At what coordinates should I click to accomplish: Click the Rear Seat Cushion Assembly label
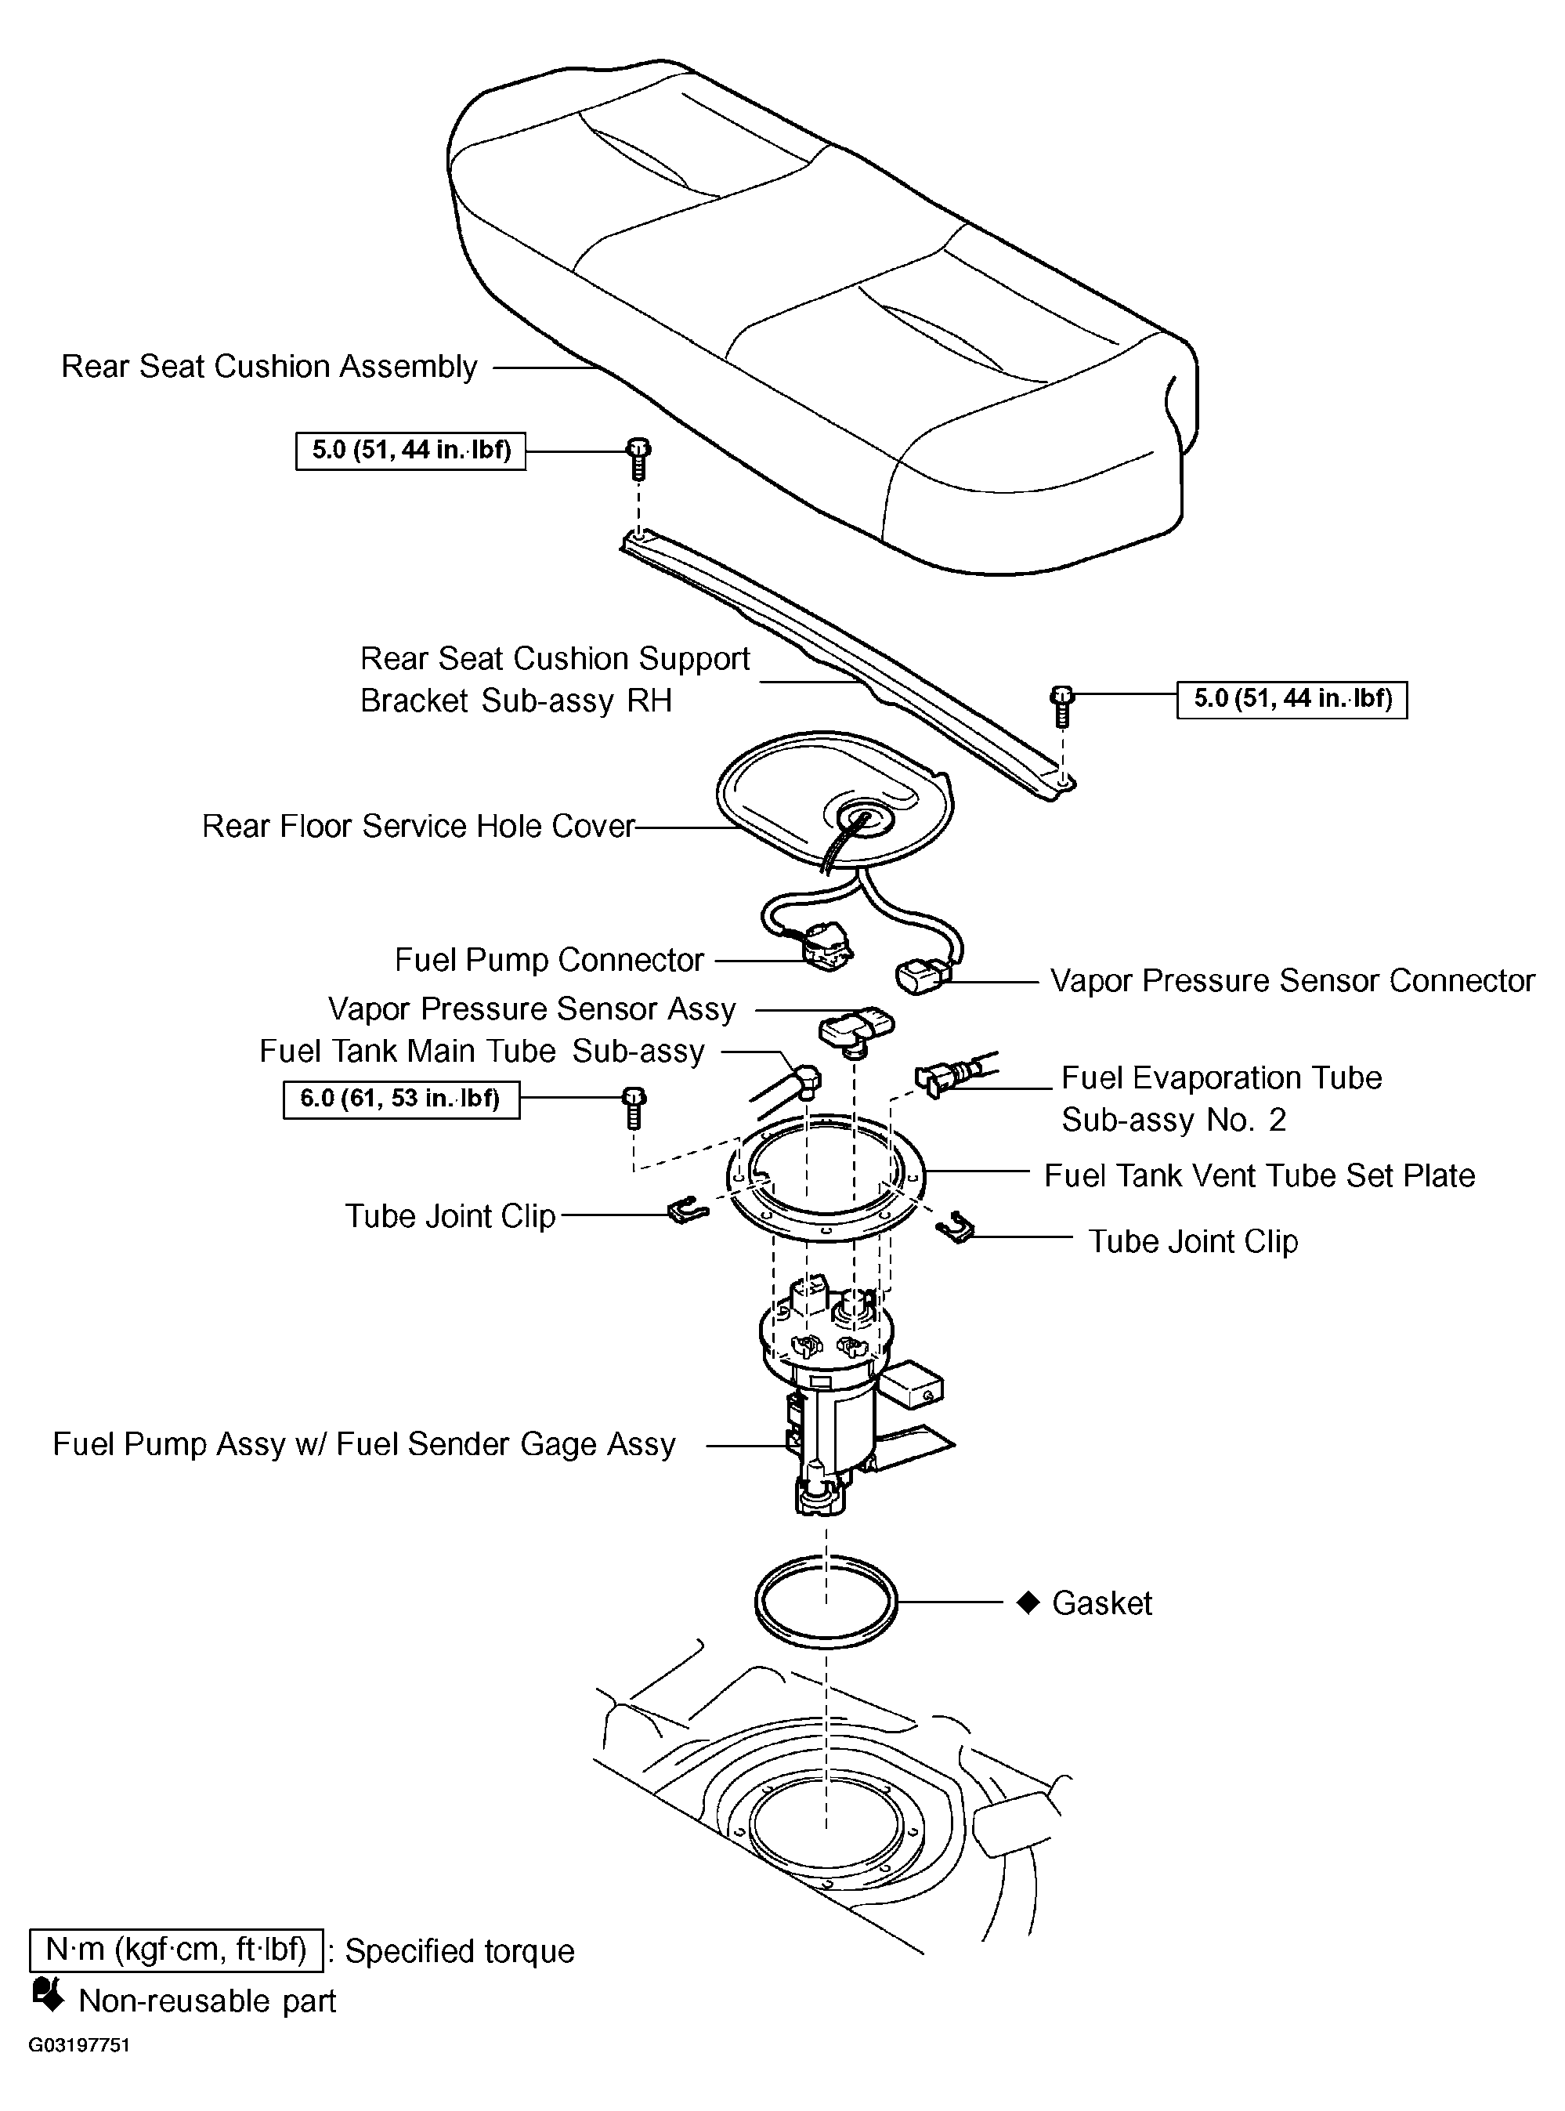pos(269,367)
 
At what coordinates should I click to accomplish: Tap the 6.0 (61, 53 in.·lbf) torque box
pos(401,1099)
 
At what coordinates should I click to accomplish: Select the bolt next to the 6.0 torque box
pos(634,1109)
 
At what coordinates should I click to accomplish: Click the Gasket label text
pos(1102,1603)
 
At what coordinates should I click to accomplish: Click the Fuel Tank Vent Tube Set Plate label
pos(1259,1176)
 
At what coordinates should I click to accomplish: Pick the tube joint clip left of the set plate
pos(688,1210)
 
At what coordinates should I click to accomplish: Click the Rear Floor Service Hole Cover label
pos(417,826)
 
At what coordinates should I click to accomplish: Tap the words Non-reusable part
pos(208,2001)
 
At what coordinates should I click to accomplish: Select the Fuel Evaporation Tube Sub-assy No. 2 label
pos(1220,1099)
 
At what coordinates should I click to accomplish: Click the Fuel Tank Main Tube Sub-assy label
pos(483,1052)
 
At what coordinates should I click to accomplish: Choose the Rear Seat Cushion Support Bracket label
pos(555,679)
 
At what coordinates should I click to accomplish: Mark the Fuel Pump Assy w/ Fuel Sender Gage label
pos(363,1444)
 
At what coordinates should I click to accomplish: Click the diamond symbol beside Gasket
pos(1028,1603)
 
